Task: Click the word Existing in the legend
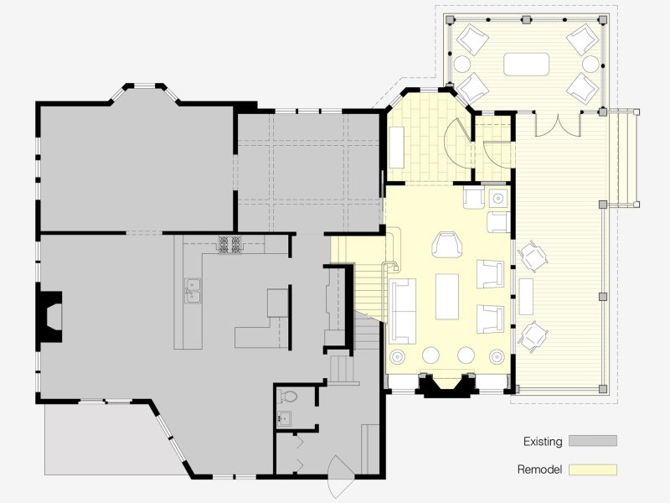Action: tap(543, 442)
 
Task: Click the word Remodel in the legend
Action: tap(539, 469)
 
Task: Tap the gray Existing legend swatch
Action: tap(593, 441)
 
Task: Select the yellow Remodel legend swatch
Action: tap(593, 469)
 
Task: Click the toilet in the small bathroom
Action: tap(288, 397)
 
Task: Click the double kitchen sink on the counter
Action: tap(193, 291)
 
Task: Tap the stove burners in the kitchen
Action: tap(229, 245)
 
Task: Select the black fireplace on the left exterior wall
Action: tap(50, 317)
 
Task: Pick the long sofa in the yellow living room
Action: tap(403, 311)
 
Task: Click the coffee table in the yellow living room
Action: tap(447, 297)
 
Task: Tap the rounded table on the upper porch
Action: tap(526, 65)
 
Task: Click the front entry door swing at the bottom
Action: tap(341, 475)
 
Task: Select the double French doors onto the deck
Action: tap(558, 124)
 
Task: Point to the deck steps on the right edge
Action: tap(624, 158)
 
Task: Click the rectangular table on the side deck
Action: tap(526, 297)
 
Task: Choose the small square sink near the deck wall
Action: tap(497, 199)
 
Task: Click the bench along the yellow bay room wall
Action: tap(396, 148)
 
